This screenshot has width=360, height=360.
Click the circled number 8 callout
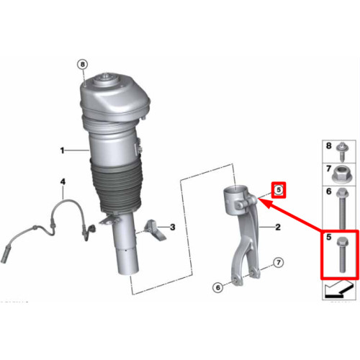point(83,64)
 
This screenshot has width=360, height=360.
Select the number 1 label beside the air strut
point(62,150)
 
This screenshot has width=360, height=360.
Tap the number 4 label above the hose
point(63,181)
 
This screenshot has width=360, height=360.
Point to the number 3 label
point(172,227)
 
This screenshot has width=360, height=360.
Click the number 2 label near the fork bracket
point(278,227)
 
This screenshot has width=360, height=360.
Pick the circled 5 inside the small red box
point(279,190)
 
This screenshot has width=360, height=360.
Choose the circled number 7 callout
point(278,263)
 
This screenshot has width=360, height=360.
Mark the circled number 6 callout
point(217,287)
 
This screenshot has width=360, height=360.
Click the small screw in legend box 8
point(343,151)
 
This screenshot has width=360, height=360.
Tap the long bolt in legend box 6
point(343,208)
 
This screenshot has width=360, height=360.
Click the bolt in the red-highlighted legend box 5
point(343,254)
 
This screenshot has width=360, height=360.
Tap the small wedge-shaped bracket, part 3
point(156,230)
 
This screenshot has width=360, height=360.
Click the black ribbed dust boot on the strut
point(116,185)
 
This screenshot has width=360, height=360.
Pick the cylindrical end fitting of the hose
point(5,255)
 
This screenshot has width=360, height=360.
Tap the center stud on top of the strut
point(105,76)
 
